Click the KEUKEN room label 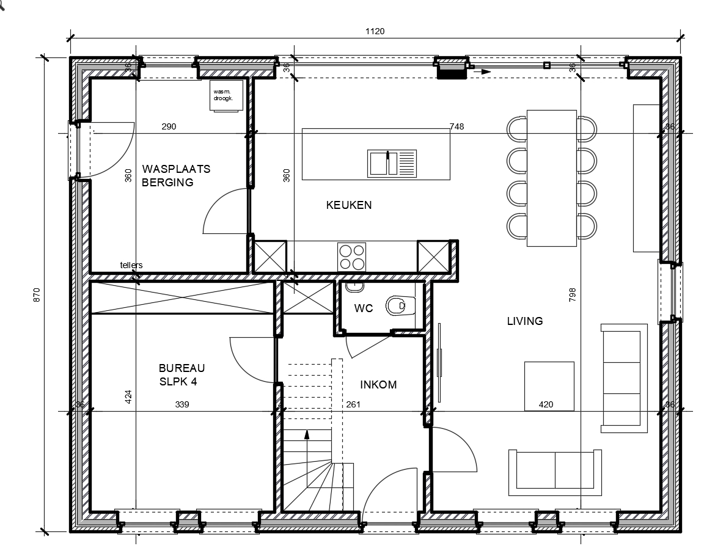[x=348, y=205]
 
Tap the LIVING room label [x=524, y=321]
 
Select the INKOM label [x=378, y=385]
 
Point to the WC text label [x=364, y=308]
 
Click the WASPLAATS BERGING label [x=176, y=175]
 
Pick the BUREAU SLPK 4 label [x=182, y=375]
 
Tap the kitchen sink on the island [x=391, y=163]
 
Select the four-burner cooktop [x=351, y=257]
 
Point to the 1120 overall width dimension [x=375, y=32]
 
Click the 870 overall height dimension [x=37, y=294]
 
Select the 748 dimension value [x=456, y=127]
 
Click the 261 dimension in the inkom [x=353, y=404]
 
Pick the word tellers [x=131, y=265]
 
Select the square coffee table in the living [x=549, y=386]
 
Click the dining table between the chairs [x=551, y=178]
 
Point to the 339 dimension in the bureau [x=182, y=404]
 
